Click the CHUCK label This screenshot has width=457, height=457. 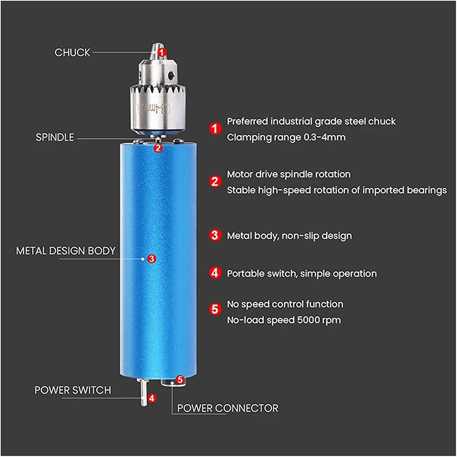click(72, 53)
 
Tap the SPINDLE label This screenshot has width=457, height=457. click(55, 137)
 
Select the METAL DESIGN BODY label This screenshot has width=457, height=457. click(65, 250)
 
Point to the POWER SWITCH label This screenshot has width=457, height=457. click(73, 390)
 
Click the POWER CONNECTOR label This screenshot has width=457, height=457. click(228, 408)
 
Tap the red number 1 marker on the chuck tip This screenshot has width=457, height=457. click(162, 53)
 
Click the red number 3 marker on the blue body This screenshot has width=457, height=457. click(151, 259)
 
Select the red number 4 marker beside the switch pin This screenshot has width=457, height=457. click(152, 398)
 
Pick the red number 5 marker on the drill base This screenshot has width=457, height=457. click(180, 379)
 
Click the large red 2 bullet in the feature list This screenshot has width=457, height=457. click(215, 181)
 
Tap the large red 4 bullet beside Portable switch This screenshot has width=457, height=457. click(215, 273)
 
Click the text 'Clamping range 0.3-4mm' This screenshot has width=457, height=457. click(286, 137)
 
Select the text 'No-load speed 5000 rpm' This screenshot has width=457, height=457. click(284, 320)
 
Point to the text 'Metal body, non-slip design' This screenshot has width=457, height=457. click(289, 236)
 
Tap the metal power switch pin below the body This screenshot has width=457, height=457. click(144, 392)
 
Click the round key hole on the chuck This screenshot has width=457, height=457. click(171, 76)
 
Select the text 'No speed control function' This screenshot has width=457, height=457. click(285, 304)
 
